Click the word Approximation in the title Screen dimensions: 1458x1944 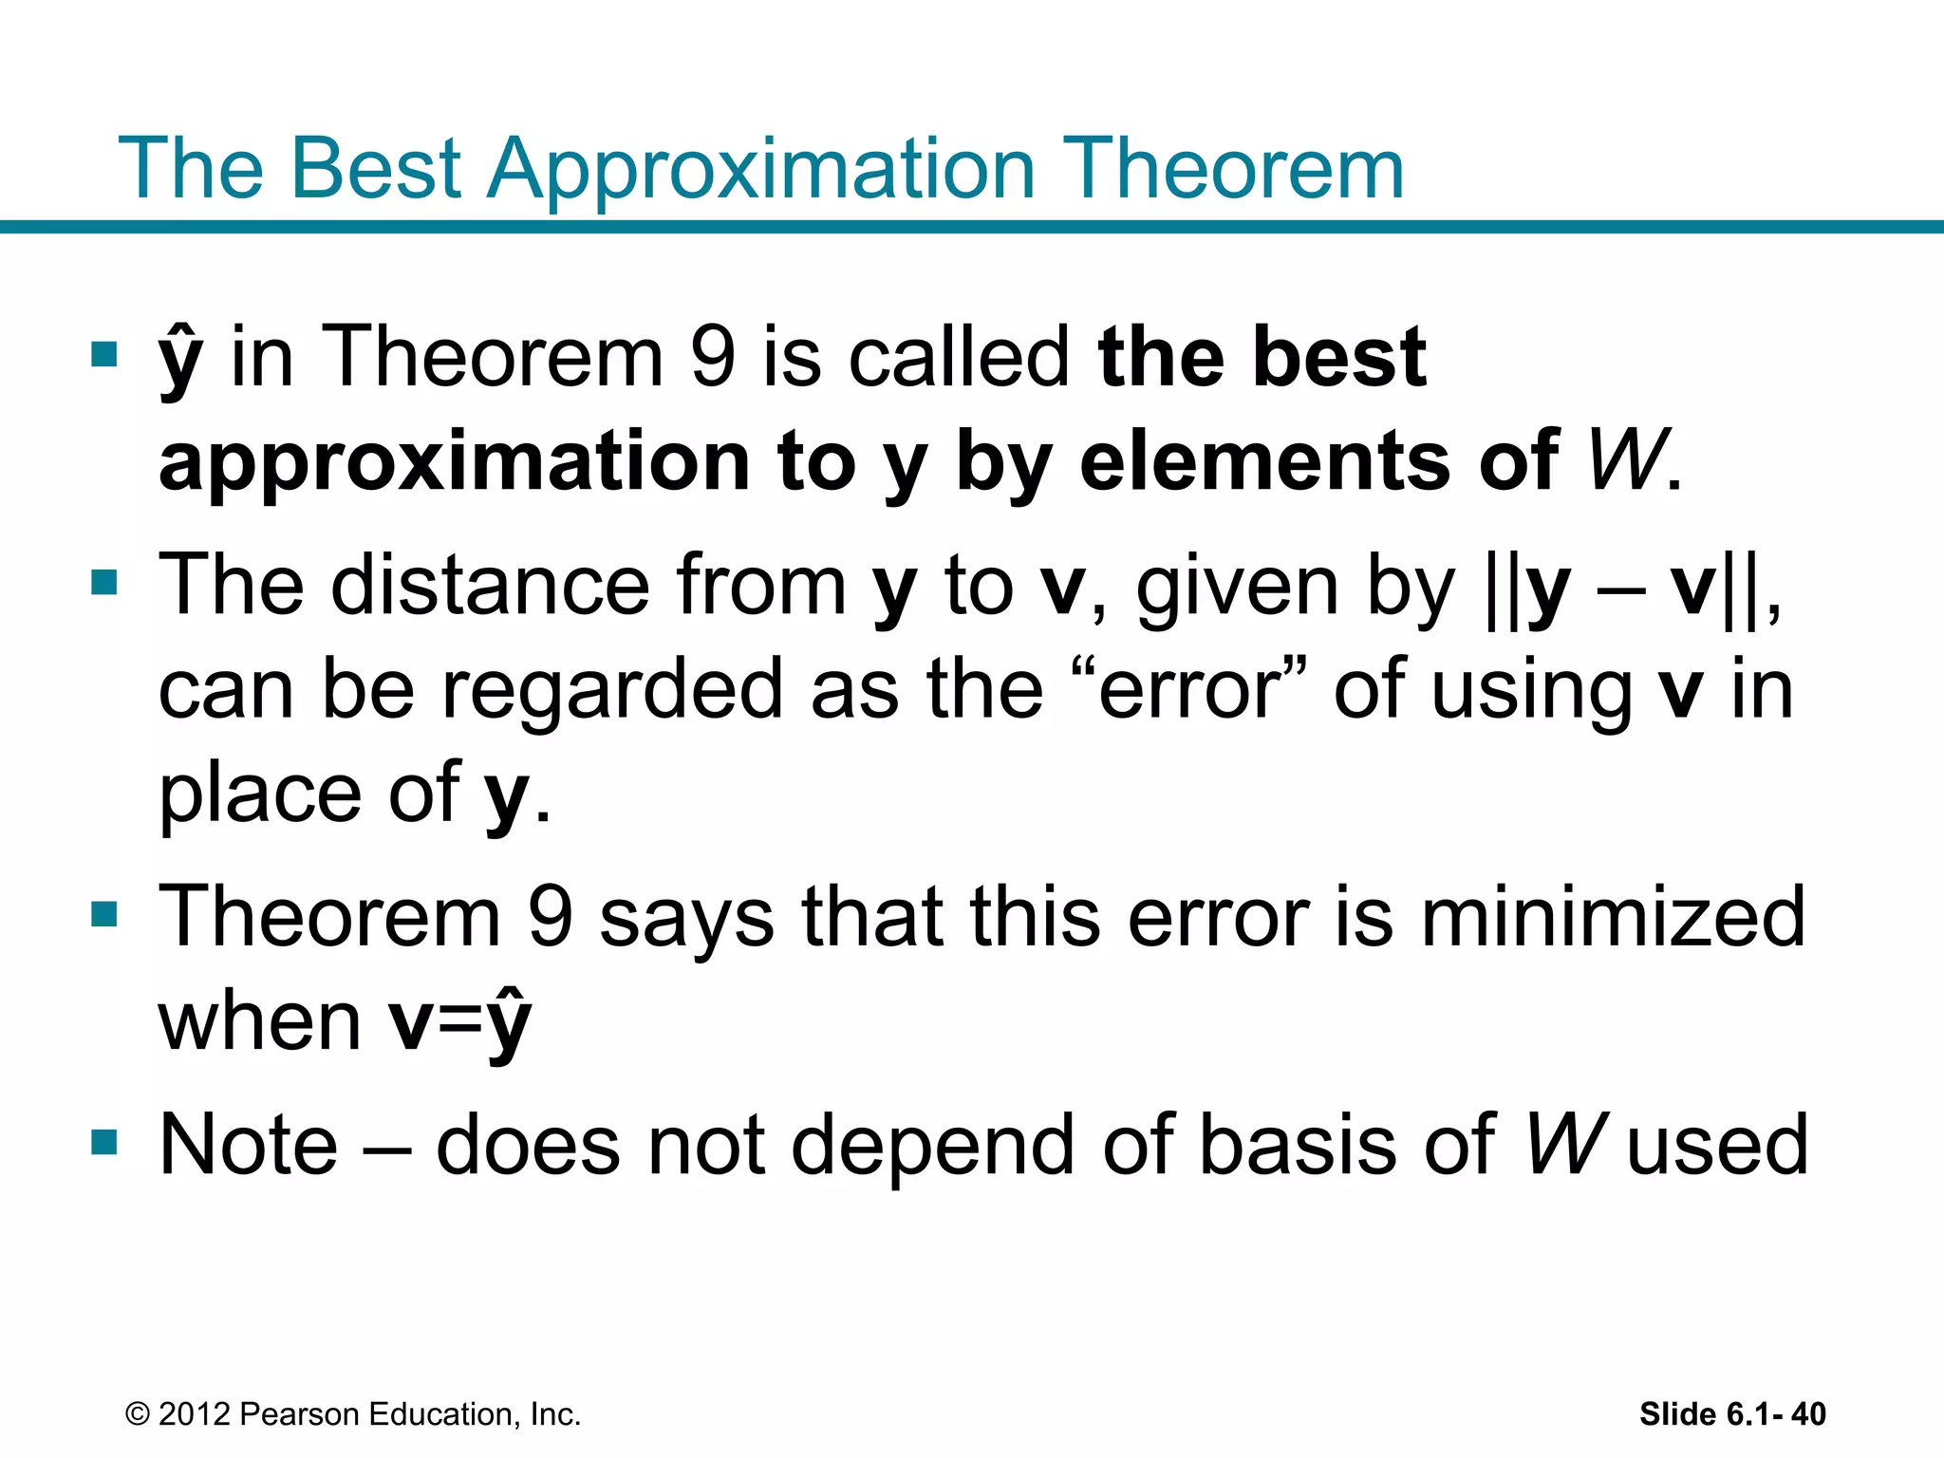click(x=759, y=171)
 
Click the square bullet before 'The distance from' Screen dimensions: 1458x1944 click(x=103, y=582)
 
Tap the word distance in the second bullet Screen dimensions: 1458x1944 click(x=490, y=586)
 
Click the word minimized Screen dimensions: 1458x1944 click(x=1613, y=917)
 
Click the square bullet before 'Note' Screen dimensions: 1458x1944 click(x=103, y=1141)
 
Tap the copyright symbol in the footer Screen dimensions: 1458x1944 click(x=138, y=1414)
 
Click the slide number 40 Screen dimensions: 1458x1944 click(x=1807, y=1414)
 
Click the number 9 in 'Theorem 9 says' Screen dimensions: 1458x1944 click(x=550, y=917)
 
